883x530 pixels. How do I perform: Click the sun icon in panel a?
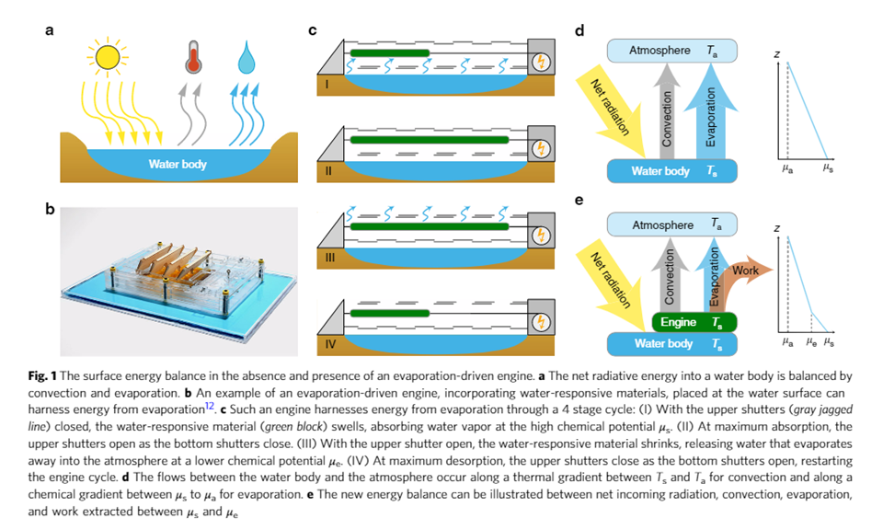[107, 56]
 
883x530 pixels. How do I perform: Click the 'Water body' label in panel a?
[178, 165]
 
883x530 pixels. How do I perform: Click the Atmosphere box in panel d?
[672, 51]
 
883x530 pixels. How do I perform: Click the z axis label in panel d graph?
[777, 55]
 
